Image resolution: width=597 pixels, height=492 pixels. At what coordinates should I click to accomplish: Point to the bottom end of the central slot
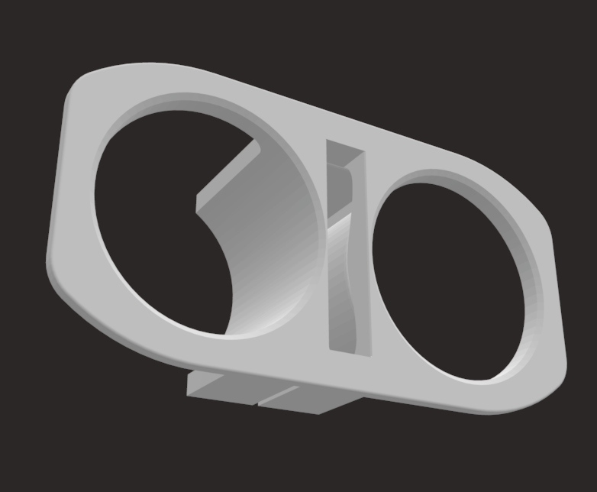pos(347,348)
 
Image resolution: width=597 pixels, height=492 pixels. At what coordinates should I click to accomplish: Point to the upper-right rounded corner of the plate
pos(527,191)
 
